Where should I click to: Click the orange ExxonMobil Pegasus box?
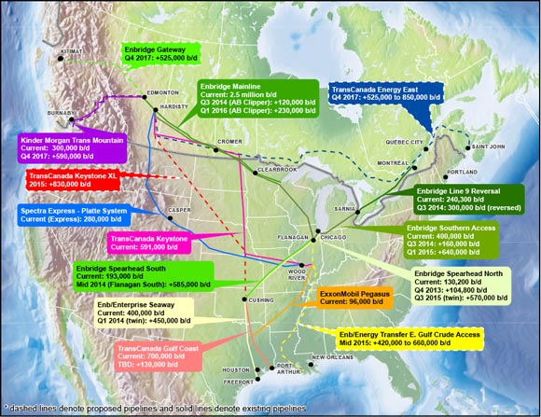coord(359,298)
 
